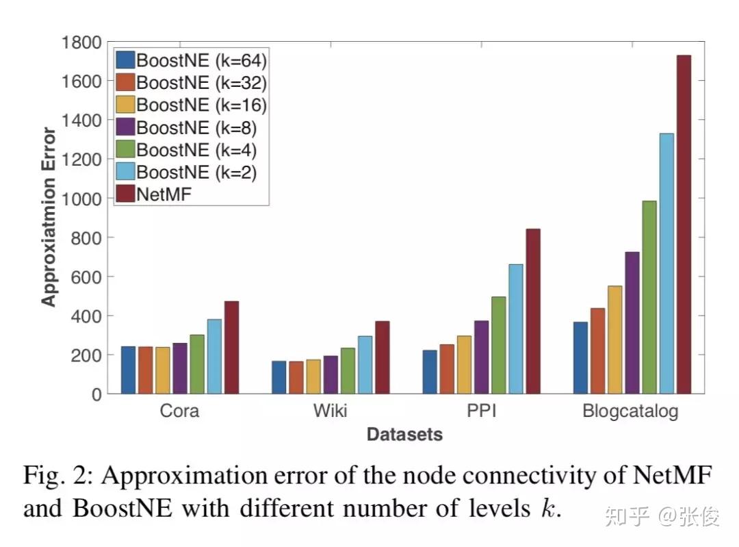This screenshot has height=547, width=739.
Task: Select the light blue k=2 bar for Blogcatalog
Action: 666,264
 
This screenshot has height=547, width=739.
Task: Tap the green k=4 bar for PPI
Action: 499,345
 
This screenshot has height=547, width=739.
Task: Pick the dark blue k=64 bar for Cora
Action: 128,370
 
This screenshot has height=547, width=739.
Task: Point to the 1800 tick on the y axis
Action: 81,42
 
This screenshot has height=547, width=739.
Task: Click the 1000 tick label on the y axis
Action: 81,199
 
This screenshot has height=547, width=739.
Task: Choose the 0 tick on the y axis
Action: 96,394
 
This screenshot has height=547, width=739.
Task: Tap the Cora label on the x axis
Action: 180,411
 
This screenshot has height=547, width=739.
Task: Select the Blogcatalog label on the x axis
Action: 630,412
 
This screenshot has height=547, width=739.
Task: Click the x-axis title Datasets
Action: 404,434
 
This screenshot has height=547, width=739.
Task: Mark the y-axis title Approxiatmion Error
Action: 49,217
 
